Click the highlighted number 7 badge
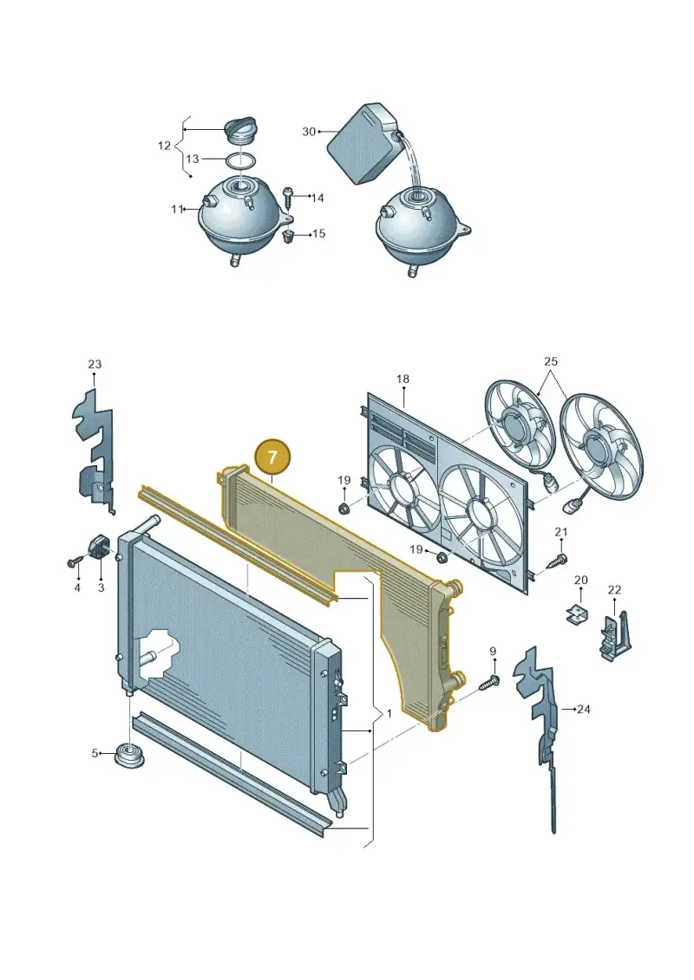click(272, 458)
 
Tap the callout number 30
click(309, 132)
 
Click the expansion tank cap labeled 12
click(239, 129)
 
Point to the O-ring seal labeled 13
click(239, 159)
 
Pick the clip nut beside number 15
click(290, 237)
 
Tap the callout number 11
click(177, 210)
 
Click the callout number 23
click(95, 364)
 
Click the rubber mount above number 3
click(100, 548)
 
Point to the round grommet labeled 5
click(131, 756)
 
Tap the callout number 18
click(403, 379)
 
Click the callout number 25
click(551, 361)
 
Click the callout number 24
click(583, 710)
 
